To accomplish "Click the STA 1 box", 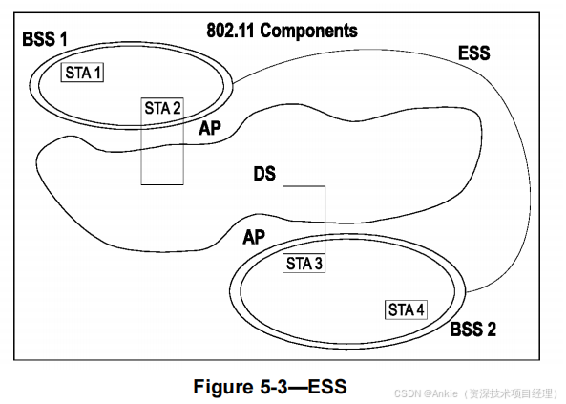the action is point(82,73).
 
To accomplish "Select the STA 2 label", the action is point(162,108).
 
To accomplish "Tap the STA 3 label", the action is point(304,264).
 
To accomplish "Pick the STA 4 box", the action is point(406,309).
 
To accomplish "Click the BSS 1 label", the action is point(45,39).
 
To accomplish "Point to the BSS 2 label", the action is point(472,330).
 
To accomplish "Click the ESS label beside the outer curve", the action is point(474,53).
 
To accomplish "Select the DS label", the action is point(264,174).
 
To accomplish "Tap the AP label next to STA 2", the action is point(210,128).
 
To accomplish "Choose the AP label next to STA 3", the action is point(254,238).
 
